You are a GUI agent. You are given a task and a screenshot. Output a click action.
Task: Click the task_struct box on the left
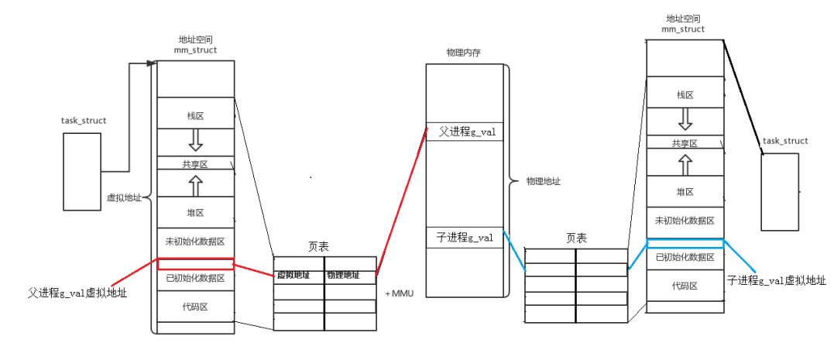pos(81,171)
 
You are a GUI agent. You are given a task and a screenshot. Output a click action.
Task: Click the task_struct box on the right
pos(780,191)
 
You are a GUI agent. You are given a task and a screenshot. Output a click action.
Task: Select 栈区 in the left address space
pos(195,115)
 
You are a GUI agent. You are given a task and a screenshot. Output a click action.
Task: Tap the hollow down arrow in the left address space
pos(195,140)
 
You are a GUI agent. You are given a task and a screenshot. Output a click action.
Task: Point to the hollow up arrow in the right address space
pos(685,165)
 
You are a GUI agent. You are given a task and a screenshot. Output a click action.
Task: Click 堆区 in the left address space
pos(195,211)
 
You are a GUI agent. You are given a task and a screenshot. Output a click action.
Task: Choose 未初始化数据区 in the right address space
pos(685,221)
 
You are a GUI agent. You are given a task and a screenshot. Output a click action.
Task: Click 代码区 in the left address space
pos(195,307)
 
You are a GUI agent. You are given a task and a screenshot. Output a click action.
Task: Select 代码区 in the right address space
pos(685,286)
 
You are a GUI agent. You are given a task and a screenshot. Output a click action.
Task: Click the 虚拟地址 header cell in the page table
pos(298,275)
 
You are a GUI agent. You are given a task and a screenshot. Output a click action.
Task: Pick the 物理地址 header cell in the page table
pos(349,275)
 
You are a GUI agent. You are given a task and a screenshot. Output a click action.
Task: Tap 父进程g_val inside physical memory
pos(466,132)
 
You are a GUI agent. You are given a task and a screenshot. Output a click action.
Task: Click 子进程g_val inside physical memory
pos(466,238)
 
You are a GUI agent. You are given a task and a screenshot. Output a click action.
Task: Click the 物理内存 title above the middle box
pos(465,52)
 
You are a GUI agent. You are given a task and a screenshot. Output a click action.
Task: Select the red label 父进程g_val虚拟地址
pos(77,293)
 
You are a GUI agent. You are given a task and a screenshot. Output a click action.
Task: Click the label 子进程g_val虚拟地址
pos(777,279)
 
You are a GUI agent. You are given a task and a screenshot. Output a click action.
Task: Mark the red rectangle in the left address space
pos(195,263)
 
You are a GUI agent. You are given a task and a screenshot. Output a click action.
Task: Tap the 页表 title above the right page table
pos(575,238)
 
